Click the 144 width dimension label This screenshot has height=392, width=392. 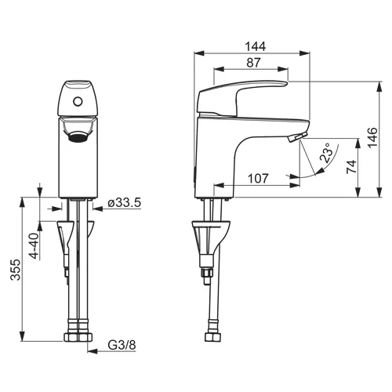[x=255, y=46]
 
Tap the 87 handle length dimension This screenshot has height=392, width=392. [x=253, y=63]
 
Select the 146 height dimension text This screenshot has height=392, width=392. [x=372, y=137]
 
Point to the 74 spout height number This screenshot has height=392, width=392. [x=351, y=167]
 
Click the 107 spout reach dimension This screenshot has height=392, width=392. [x=258, y=179]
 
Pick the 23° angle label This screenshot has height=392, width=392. [x=327, y=153]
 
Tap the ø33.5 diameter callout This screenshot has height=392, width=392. [x=124, y=202]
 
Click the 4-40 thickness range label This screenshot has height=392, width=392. [x=34, y=245]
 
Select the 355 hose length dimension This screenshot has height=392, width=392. [x=15, y=270]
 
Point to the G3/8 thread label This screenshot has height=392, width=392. [x=122, y=345]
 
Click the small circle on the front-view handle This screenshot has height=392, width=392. [x=78, y=101]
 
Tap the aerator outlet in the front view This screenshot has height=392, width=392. [x=78, y=137]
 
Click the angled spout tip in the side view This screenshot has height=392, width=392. [x=297, y=136]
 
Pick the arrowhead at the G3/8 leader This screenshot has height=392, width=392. [x=93, y=351]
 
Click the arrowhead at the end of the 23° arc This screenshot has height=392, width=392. [x=321, y=171]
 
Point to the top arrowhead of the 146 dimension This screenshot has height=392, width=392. [x=379, y=86]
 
